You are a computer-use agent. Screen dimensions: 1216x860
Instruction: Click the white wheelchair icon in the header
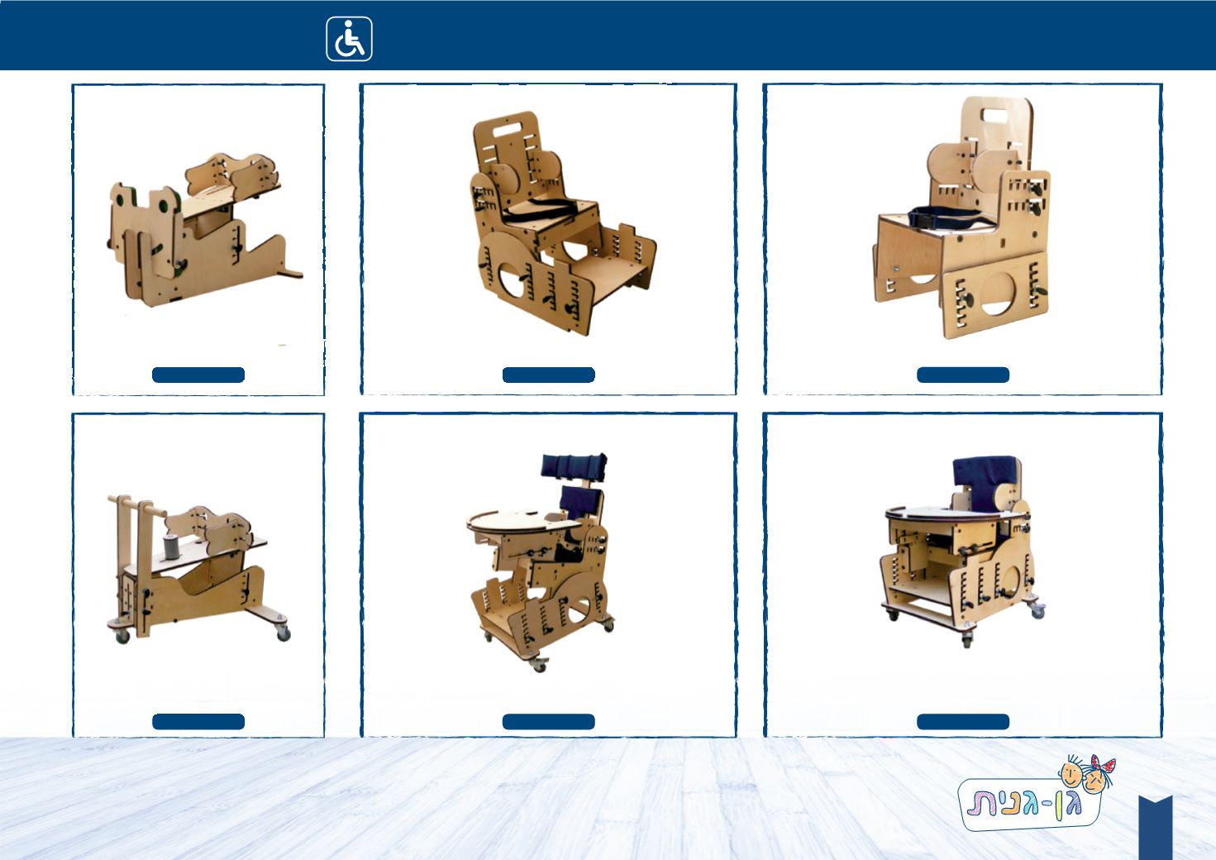pos(349,39)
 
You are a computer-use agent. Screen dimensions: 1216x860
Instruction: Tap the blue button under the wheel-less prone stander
pos(198,375)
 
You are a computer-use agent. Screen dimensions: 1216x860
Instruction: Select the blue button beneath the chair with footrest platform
pos(548,375)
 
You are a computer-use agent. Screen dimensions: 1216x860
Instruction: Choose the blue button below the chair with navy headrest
pos(548,722)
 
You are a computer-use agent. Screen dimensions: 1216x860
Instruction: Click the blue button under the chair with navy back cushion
pos(963,722)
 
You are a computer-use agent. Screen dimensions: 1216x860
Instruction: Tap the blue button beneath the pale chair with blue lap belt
pos(963,375)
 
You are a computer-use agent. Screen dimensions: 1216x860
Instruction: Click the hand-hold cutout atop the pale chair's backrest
pos(995,115)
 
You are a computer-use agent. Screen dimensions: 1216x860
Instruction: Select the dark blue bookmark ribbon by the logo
pos(1156,828)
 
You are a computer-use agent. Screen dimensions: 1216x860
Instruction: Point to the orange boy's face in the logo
pos(1071,775)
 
